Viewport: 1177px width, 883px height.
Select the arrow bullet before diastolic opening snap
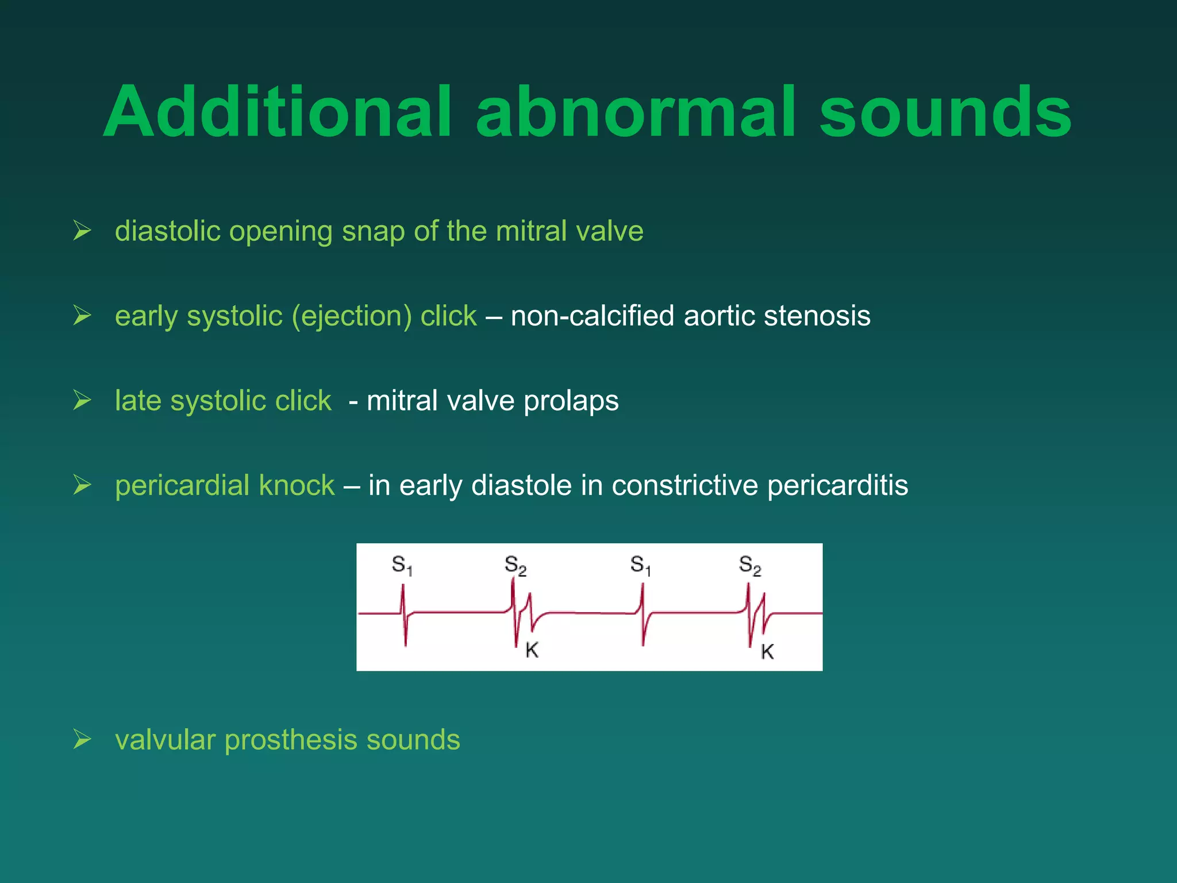(x=82, y=231)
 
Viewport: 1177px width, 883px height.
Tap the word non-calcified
(x=592, y=316)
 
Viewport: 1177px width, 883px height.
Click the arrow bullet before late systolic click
(x=82, y=401)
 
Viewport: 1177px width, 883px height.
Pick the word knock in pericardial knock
(x=297, y=485)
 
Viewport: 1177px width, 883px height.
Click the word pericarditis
(x=837, y=485)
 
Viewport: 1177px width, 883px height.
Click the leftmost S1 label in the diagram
(x=402, y=566)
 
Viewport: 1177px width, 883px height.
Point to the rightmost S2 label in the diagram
(x=749, y=566)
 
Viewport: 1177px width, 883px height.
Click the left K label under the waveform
(x=532, y=650)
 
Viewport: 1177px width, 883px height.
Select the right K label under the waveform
(x=767, y=651)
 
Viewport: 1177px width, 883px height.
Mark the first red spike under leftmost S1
(x=404, y=614)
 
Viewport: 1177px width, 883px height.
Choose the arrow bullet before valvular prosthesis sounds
(x=82, y=740)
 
